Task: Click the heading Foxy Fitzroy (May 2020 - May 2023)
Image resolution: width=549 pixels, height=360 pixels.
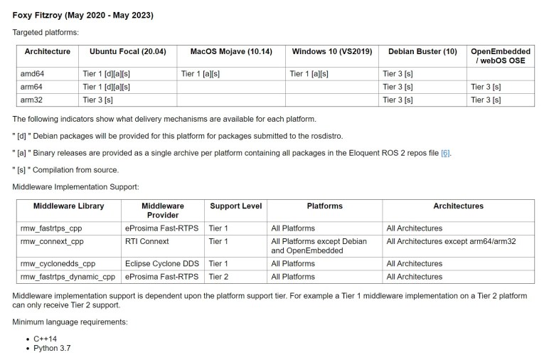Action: tap(82, 15)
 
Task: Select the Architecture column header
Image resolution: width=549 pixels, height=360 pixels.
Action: tap(48, 51)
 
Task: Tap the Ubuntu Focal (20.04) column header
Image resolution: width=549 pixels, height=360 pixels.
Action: tap(127, 51)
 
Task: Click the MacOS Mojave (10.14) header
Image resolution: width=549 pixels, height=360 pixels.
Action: tap(230, 51)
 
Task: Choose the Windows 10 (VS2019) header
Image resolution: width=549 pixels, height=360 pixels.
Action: tap(332, 51)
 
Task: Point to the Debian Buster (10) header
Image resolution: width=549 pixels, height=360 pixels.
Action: tap(422, 51)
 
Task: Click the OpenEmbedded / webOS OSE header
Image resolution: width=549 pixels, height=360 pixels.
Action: tap(500, 56)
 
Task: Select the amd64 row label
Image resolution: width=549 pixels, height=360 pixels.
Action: tap(35, 73)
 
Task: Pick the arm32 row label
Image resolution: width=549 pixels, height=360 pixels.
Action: tap(34, 100)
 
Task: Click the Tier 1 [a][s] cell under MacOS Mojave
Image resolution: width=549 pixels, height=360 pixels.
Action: tap(201, 73)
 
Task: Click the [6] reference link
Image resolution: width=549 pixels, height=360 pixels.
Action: tap(445, 153)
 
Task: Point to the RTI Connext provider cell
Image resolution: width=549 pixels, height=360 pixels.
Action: tap(148, 242)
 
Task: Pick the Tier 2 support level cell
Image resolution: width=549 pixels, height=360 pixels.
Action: tap(219, 277)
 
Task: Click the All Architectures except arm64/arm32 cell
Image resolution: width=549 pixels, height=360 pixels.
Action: tap(451, 242)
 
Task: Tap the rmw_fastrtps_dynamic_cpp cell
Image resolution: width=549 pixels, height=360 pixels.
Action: tap(68, 277)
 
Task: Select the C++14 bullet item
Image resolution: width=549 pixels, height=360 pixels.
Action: tap(45, 338)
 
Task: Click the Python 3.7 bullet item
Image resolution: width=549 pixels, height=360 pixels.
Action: tap(52, 349)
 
